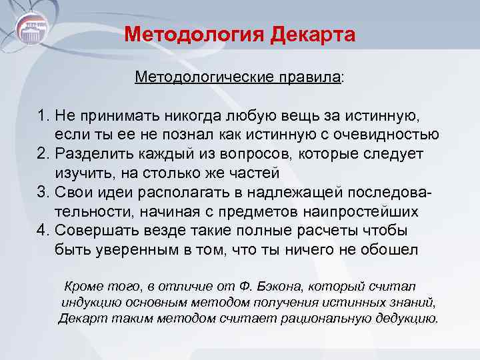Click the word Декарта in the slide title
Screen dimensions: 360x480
point(313,34)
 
